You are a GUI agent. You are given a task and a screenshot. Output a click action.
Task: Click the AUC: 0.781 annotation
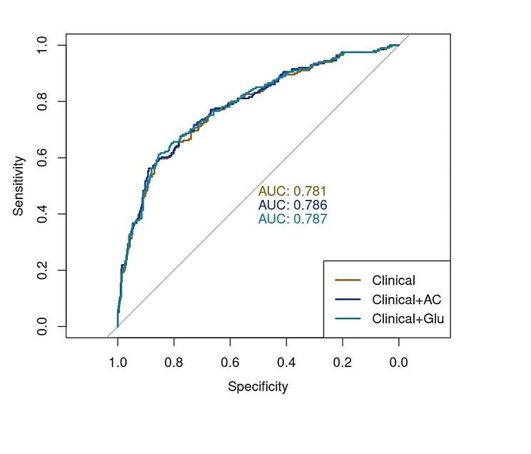(x=292, y=191)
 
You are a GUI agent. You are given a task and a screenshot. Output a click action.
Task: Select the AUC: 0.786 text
(x=292, y=206)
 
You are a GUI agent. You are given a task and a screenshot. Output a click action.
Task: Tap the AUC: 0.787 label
(x=292, y=219)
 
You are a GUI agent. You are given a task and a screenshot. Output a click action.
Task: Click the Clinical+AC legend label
(x=406, y=300)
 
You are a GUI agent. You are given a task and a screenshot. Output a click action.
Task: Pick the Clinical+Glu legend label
(x=408, y=319)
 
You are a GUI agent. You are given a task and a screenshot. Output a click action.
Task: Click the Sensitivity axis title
(x=19, y=186)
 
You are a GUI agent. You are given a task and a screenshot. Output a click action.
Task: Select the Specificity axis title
(x=258, y=387)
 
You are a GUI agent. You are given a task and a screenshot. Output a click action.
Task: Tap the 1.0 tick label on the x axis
(x=118, y=363)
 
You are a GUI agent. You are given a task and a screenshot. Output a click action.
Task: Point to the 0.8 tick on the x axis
(x=173, y=363)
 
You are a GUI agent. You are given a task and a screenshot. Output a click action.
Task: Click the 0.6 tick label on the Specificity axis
(x=230, y=363)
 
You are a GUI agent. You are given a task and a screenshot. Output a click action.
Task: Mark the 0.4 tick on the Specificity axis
(x=286, y=363)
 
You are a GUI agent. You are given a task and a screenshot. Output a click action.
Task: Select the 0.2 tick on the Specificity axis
(x=343, y=363)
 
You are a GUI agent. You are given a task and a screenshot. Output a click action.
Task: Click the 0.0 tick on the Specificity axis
(x=398, y=363)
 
